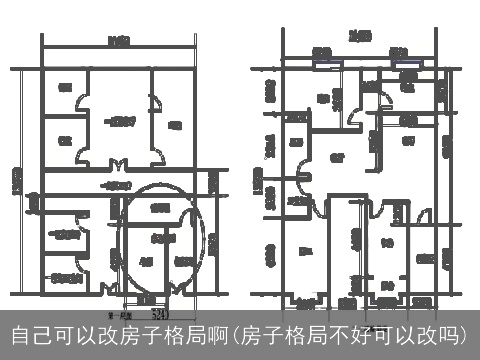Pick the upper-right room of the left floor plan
176,125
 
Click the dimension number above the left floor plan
119,40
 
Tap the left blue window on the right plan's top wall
322,61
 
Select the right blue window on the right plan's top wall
405,61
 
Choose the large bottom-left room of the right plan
305,250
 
